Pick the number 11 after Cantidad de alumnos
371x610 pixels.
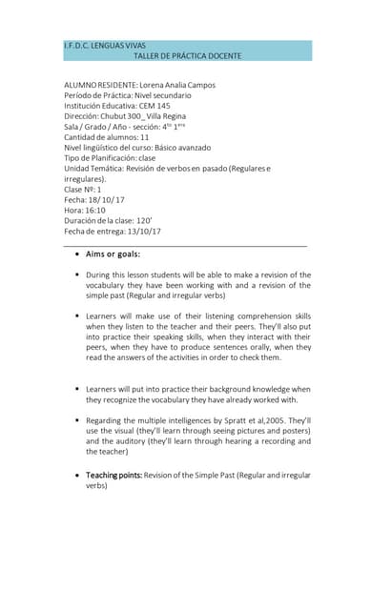[x=145, y=137]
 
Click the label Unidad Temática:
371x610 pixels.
[x=98, y=169]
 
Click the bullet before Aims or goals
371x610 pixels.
[x=76, y=254]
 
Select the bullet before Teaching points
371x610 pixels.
[x=76, y=475]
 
